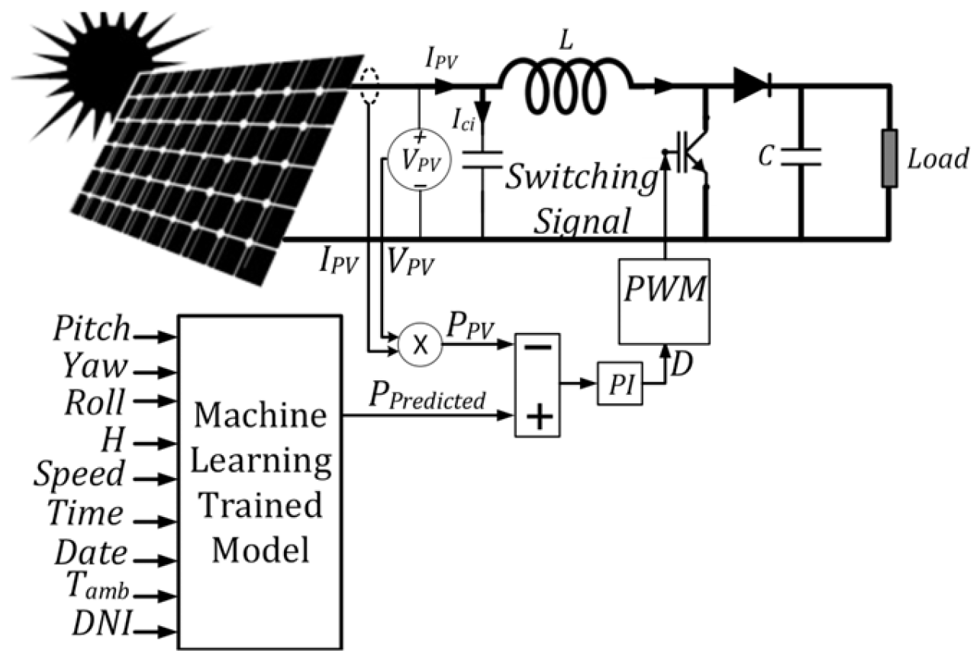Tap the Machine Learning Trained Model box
(260, 481)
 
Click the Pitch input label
(92, 329)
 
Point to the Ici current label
(463, 120)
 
